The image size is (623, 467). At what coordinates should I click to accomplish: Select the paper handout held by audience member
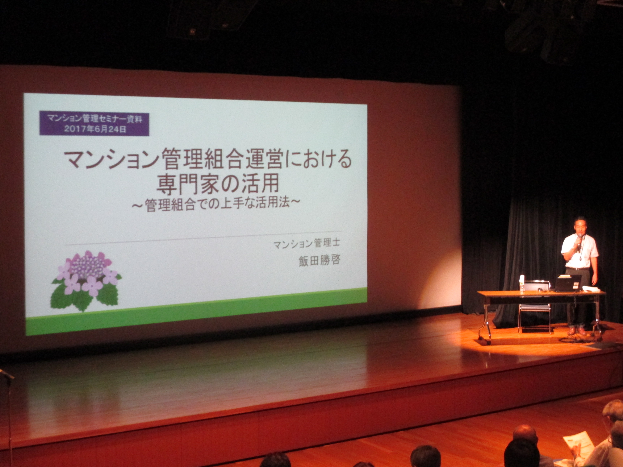575,449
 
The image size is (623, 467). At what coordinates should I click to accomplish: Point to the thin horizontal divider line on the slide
203,238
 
